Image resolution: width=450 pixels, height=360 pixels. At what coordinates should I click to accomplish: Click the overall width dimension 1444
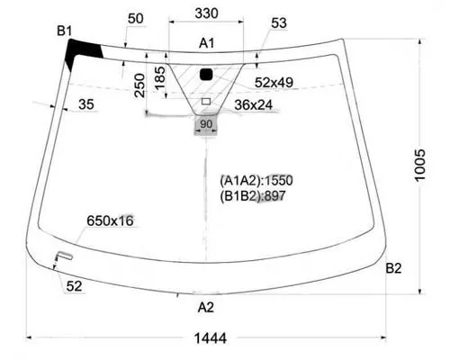[x=211, y=338]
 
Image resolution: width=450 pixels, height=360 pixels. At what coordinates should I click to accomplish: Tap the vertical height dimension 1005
[x=419, y=165]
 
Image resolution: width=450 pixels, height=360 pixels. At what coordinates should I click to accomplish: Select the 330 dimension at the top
[x=206, y=13]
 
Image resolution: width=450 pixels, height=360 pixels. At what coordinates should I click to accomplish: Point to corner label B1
[x=65, y=31]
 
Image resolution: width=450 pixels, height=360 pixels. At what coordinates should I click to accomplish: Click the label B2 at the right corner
[x=393, y=268]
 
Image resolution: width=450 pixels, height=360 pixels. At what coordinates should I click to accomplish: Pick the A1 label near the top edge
[x=207, y=43]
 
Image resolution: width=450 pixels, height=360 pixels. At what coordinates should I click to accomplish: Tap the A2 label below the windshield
[x=206, y=308]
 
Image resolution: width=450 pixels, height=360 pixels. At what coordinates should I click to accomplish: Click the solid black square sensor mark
[x=206, y=74]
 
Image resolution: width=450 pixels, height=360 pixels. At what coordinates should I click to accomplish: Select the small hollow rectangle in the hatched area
[x=206, y=102]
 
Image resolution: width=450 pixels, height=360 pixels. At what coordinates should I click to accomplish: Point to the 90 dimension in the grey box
[x=206, y=123]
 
